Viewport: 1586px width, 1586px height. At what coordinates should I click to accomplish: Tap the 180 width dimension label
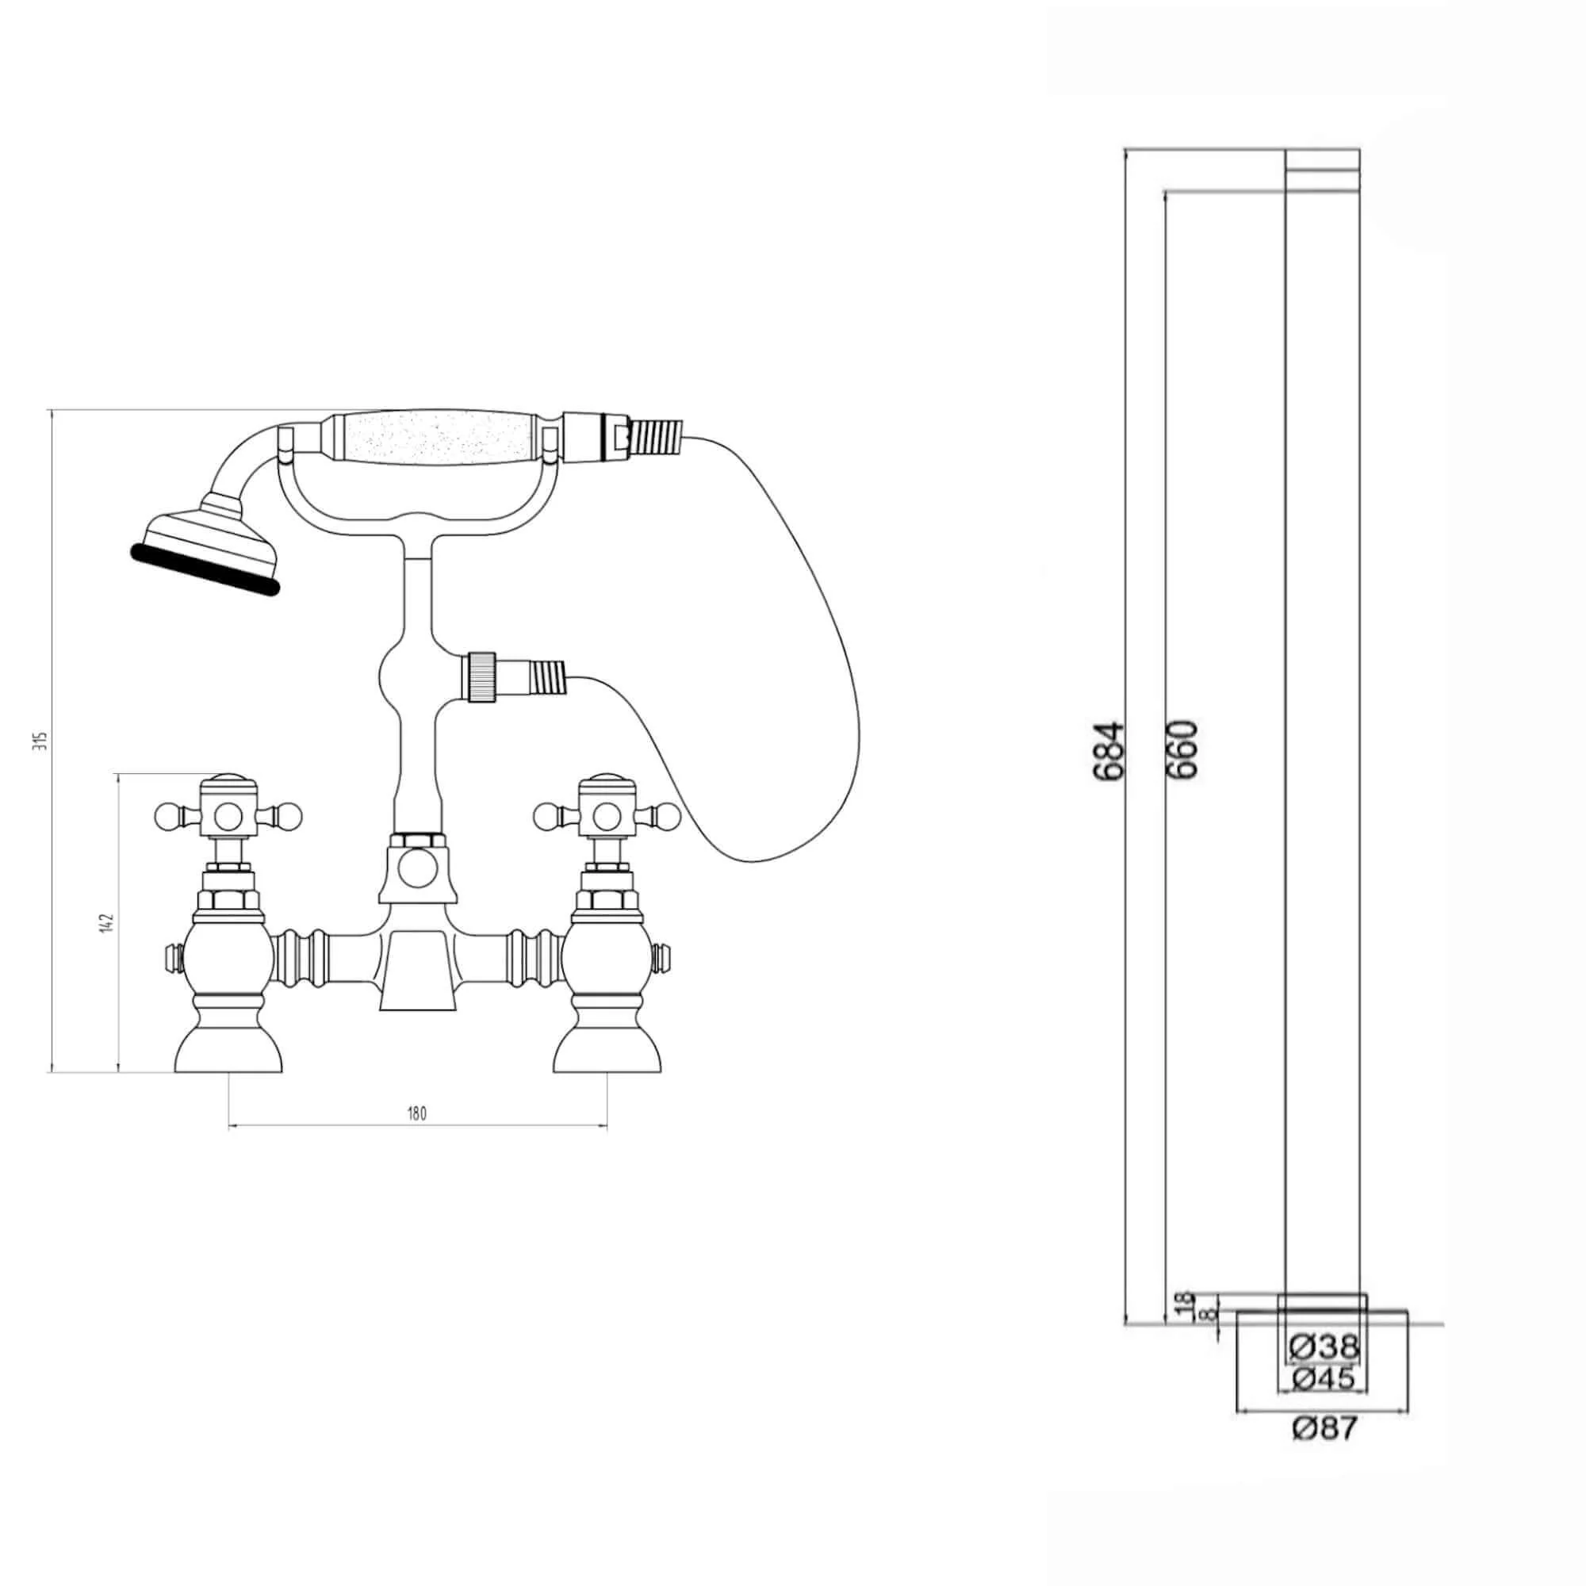point(417,1114)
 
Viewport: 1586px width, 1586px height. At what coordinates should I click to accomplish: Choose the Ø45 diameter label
point(1324,1380)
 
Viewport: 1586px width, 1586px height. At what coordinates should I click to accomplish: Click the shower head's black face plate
point(205,567)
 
